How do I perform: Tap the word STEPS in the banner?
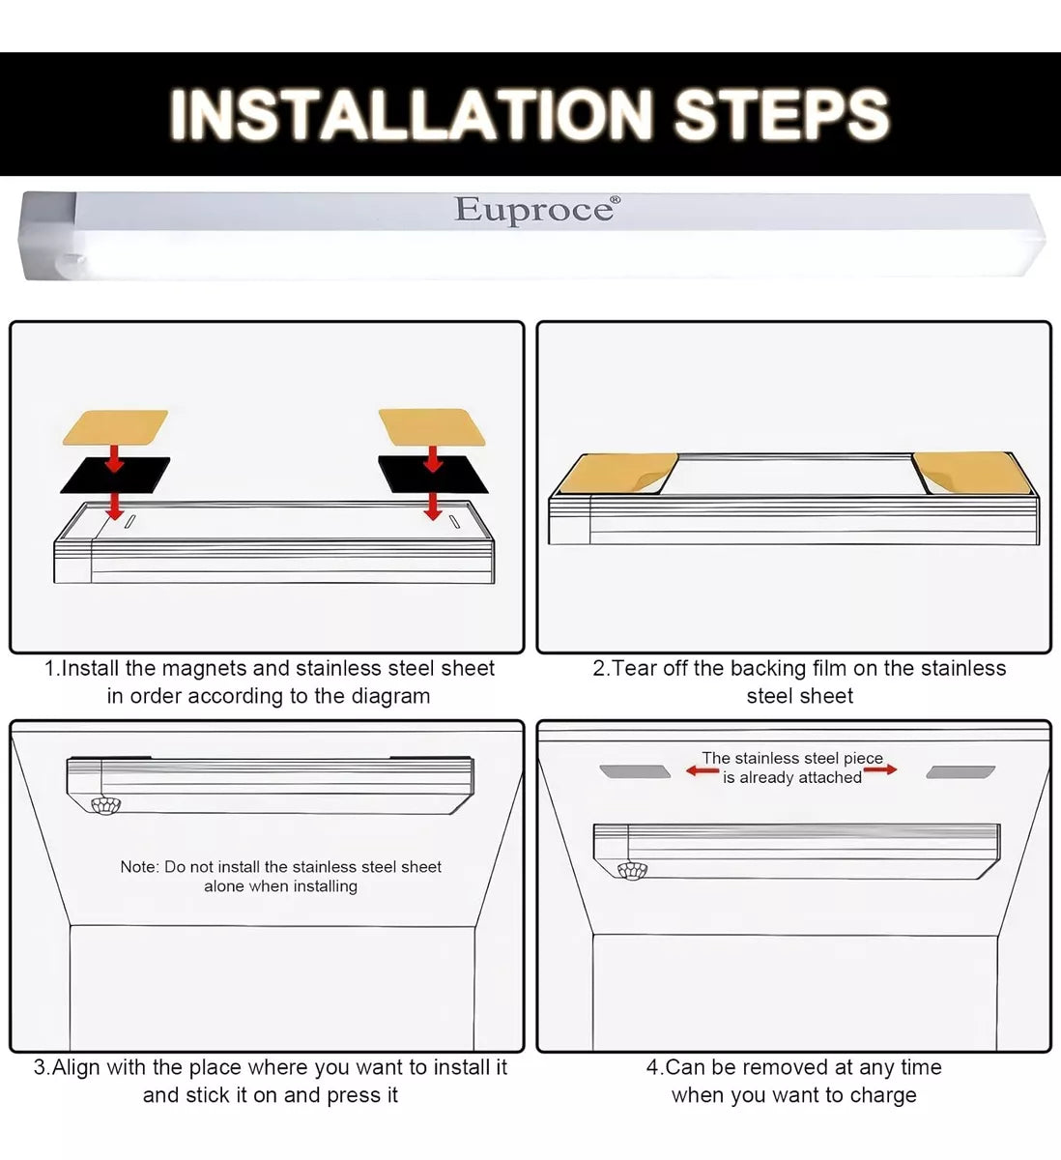pos(782,114)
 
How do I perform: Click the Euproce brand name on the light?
pos(533,210)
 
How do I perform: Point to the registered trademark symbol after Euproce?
pos(616,201)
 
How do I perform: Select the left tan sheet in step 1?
pos(116,427)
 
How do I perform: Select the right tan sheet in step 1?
pos(431,426)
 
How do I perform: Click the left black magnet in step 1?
pos(115,475)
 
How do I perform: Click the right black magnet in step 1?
pos(433,475)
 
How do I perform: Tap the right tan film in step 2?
pos(972,473)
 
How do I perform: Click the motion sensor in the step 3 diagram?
pos(106,805)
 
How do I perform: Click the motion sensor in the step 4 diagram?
pos(632,871)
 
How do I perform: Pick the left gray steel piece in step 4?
pos(635,771)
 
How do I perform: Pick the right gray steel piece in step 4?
pos(961,772)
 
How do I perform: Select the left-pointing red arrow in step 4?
pos(703,770)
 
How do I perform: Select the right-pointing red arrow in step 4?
pos(880,769)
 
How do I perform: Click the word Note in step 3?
pos(139,867)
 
